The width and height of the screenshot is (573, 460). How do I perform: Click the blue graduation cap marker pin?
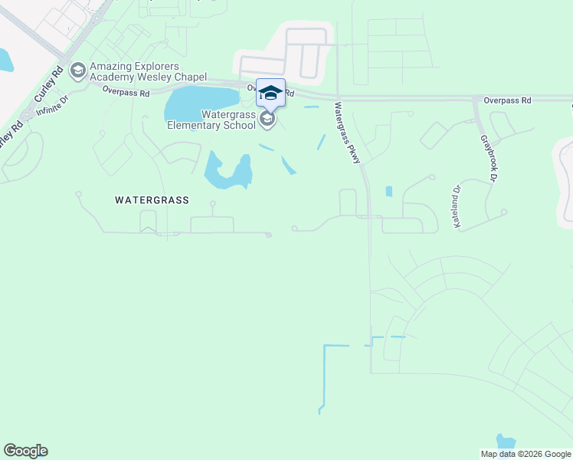(270, 94)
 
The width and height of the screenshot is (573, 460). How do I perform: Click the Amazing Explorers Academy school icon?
(77, 71)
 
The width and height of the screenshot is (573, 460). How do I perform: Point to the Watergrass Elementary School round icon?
(267, 118)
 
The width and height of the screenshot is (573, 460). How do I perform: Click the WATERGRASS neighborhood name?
(152, 199)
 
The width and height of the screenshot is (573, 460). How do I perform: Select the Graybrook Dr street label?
(489, 159)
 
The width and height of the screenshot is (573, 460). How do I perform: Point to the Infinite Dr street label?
(52, 105)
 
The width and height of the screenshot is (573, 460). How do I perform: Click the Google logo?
(25, 451)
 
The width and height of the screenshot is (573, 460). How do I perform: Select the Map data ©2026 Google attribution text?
(526, 454)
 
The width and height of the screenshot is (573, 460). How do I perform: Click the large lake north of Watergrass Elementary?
(201, 100)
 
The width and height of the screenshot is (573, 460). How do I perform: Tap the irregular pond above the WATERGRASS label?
(228, 172)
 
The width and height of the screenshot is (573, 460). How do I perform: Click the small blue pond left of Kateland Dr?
(389, 191)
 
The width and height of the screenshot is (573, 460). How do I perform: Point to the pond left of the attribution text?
(506, 441)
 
